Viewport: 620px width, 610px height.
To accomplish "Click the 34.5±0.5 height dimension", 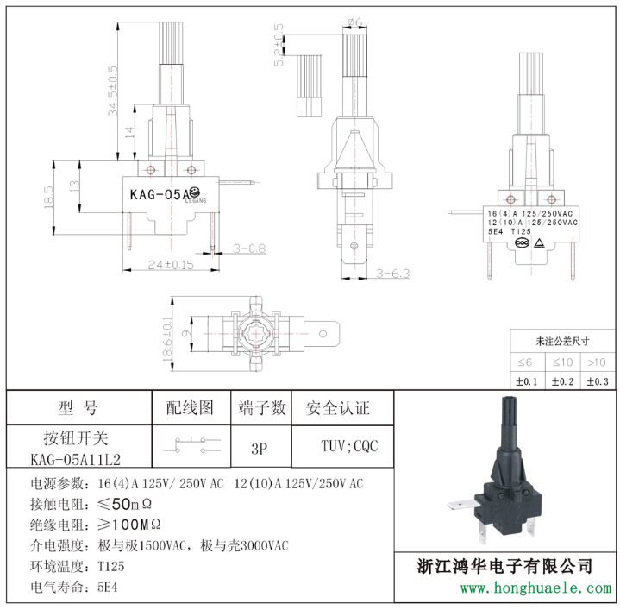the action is pos(113,91).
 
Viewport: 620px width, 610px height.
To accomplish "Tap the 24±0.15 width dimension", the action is pos(171,265).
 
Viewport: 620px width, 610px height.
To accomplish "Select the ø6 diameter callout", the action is pos(354,22).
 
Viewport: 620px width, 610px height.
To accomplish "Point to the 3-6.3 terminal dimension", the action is pos(392,274).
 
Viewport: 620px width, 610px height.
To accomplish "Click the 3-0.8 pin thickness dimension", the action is pos(249,248).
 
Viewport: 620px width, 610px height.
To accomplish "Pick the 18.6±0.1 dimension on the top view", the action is pos(167,339).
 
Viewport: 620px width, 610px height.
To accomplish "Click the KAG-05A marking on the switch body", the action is pos(160,195).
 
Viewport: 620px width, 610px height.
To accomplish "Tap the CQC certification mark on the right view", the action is pos(522,243).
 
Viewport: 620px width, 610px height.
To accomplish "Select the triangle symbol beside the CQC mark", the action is pos(539,243).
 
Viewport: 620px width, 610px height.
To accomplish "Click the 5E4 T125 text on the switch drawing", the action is pos(510,232).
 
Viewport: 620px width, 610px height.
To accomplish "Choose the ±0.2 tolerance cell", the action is pos(562,381).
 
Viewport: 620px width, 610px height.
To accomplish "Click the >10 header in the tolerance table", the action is pos(597,362).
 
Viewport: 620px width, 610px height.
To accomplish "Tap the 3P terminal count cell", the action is pos(260,449).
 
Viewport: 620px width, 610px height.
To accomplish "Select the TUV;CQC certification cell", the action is pos(349,446).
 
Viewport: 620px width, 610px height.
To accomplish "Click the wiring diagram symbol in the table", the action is pos(192,445).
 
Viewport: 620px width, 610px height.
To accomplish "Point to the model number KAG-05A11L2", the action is pos(76,460).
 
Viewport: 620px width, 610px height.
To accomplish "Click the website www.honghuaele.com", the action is pos(535,588).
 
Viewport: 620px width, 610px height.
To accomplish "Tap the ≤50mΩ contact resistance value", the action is pos(124,504).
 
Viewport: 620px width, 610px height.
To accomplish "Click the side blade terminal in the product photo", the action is pos(461,505).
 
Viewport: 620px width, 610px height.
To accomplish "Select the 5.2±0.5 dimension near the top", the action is pos(279,45).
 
